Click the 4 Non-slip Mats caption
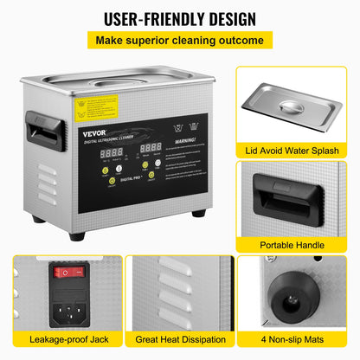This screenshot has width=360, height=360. point(294,348)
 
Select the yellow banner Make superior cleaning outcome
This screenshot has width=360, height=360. point(179,41)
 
